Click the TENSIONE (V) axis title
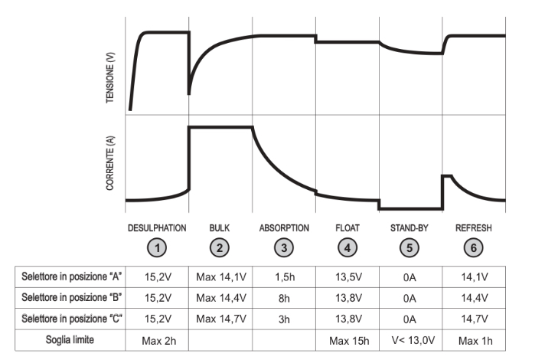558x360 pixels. coord(110,77)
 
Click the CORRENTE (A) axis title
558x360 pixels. coord(110,162)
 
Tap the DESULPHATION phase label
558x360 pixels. coord(157,228)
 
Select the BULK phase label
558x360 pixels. coord(220,228)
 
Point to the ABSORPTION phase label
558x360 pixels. coord(284,228)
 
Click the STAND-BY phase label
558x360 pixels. coord(410,228)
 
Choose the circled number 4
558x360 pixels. coord(348,248)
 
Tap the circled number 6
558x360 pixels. coord(473,248)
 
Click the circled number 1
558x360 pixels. coord(157,248)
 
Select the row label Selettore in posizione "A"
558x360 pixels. coord(72,277)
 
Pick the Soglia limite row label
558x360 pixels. coord(70,340)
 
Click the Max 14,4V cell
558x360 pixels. coord(221,298)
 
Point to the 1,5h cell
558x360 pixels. coord(285,277)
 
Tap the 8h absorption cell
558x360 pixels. coord(284,299)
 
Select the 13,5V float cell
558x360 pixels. coord(348,277)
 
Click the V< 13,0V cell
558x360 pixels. coord(413,340)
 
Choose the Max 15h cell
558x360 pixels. coord(349,341)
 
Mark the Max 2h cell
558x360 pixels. coord(158,341)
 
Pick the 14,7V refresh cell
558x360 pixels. coord(475,319)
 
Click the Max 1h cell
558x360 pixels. coord(475,341)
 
